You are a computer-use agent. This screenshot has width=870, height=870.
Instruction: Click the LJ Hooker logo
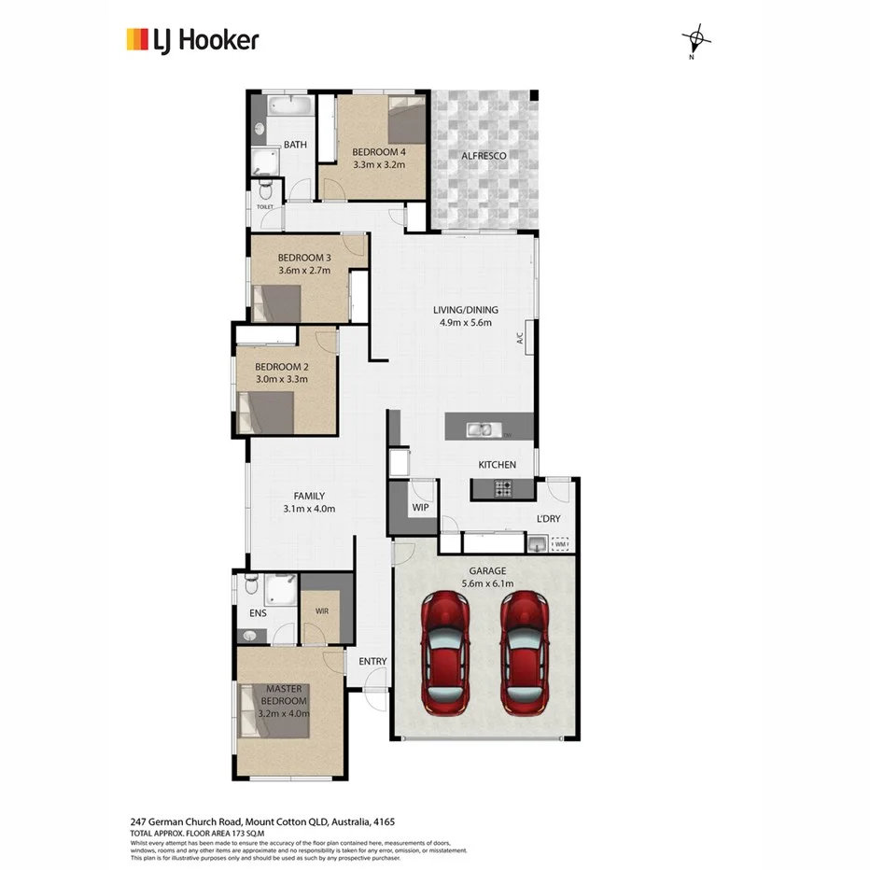[x=192, y=39]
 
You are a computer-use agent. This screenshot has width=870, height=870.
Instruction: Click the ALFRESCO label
[x=484, y=156]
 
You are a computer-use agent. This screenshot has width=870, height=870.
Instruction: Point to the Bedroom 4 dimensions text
[x=379, y=164]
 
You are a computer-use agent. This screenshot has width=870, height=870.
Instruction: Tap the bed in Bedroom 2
[x=266, y=412]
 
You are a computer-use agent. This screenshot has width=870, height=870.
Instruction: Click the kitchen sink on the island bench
[x=482, y=429]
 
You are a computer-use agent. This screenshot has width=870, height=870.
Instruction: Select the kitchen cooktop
[x=504, y=486]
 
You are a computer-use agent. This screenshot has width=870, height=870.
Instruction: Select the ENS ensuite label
[x=259, y=614]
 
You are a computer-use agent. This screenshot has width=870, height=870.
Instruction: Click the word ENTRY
[x=372, y=662]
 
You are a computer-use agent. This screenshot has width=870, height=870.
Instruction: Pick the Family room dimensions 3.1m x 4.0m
[x=308, y=509]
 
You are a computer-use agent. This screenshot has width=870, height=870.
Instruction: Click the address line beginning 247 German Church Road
[x=262, y=821]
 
